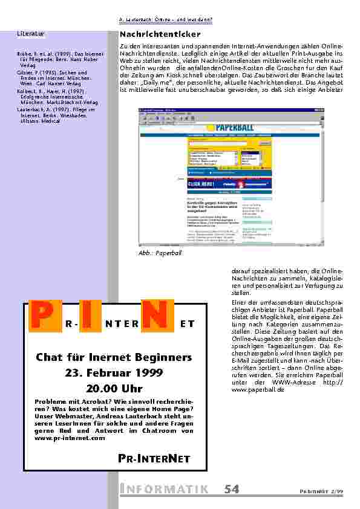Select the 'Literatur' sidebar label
click(29, 34)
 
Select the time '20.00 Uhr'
click(114, 388)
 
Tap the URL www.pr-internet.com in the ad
click(70, 438)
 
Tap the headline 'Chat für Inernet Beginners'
click(114, 357)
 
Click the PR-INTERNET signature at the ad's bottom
click(149, 459)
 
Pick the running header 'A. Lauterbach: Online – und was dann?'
click(166, 19)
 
